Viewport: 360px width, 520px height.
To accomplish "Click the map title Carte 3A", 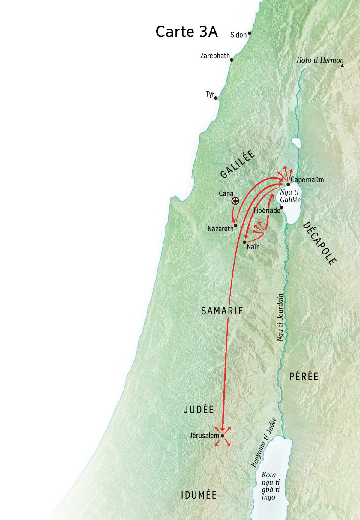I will pyautogui.click(x=186, y=32).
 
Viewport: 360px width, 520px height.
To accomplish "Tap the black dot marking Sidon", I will pyautogui.click(x=249, y=33).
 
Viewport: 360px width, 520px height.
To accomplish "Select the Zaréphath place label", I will pyautogui.click(x=215, y=56).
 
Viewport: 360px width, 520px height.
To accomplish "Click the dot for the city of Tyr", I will pyautogui.click(x=216, y=98).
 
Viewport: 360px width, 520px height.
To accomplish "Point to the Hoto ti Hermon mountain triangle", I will pyautogui.click(x=342, y=65).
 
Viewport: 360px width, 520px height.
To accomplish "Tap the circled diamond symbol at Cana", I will pyautogui.click(x=236, y=201).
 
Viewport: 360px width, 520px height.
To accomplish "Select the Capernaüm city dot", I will pyautogui.click(x=288, y=184).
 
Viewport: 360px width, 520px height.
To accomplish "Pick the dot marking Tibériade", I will pyautogui.click(x=282, y=207).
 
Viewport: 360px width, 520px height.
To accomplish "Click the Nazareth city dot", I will pyautogui.click(x=236, y=225).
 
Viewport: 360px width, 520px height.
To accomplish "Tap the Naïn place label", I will pyautogui.click(x=253, y=247).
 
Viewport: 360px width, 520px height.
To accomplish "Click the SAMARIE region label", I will pyautogui.click(x=222, y=311).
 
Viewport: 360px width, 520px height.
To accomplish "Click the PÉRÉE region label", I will pyautogui.click(x=304, y=377).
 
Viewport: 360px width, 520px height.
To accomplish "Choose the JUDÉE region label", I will pyautogui.click(x=199, y=410).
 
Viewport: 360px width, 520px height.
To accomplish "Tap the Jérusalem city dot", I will pyautogui.click(x=222, y=436).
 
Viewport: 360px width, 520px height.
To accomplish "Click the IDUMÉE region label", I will pyautogui.click(x=199, y=495).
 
